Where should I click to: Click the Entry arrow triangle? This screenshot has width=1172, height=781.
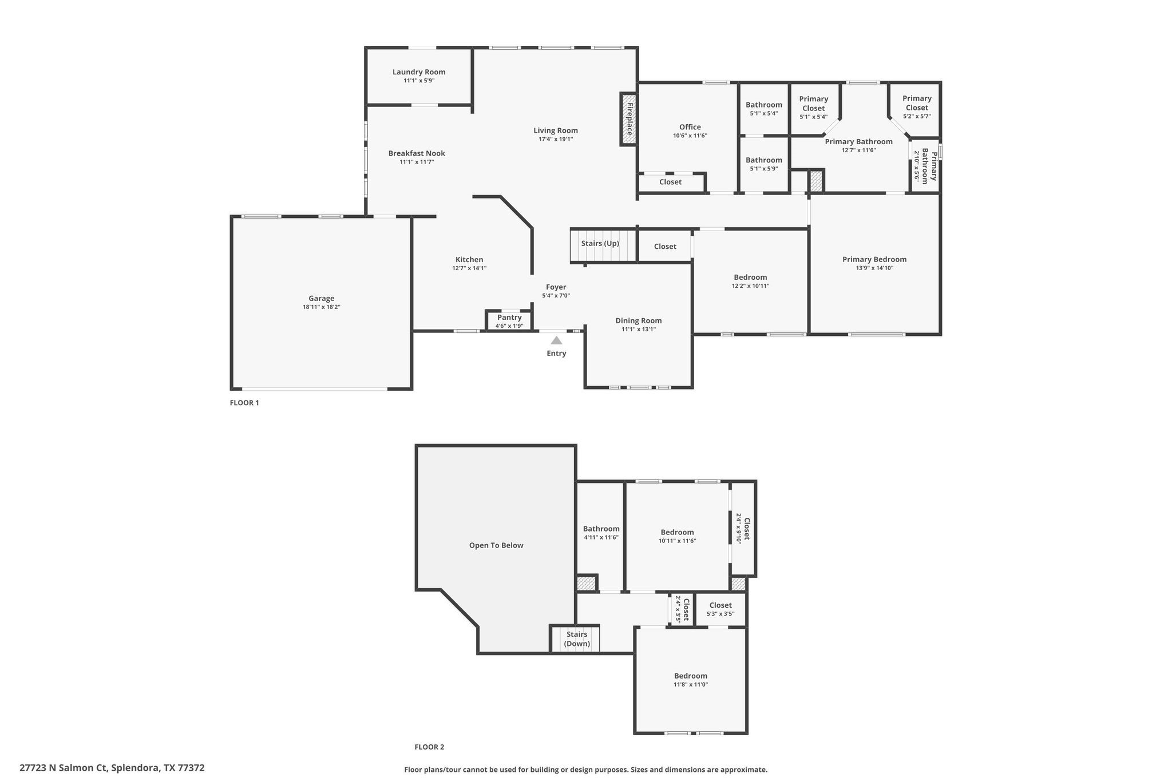(x=556, y=340)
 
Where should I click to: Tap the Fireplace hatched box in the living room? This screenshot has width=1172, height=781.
(x=628, y=119)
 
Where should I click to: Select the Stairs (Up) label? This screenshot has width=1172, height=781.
(x=600, y=243)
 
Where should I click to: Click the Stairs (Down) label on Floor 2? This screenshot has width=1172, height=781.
(x=577, y=639)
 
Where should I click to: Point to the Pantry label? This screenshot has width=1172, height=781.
(x=509, y=317)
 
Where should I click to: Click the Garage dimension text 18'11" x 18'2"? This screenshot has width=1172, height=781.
(x=322, y=307)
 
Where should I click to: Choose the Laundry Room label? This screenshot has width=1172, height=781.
(x=419, y=72)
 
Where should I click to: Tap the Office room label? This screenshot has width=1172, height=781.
(x=690, y=127)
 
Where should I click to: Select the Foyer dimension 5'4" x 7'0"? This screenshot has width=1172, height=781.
(x=556, y=296)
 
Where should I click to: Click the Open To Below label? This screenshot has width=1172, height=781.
(x=496, y=545)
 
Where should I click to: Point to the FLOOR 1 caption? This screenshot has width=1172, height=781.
(x=244, y=402)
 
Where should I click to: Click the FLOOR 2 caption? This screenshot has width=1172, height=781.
(x=429, y=747)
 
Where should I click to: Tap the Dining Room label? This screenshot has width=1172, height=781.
(x=639, y=320)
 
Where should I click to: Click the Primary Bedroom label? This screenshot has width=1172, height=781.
(x=874, y=259)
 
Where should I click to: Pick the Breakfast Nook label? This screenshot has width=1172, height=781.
(x=417, y=153)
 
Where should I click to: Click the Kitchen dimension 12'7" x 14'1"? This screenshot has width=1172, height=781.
(x=469, y=268)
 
